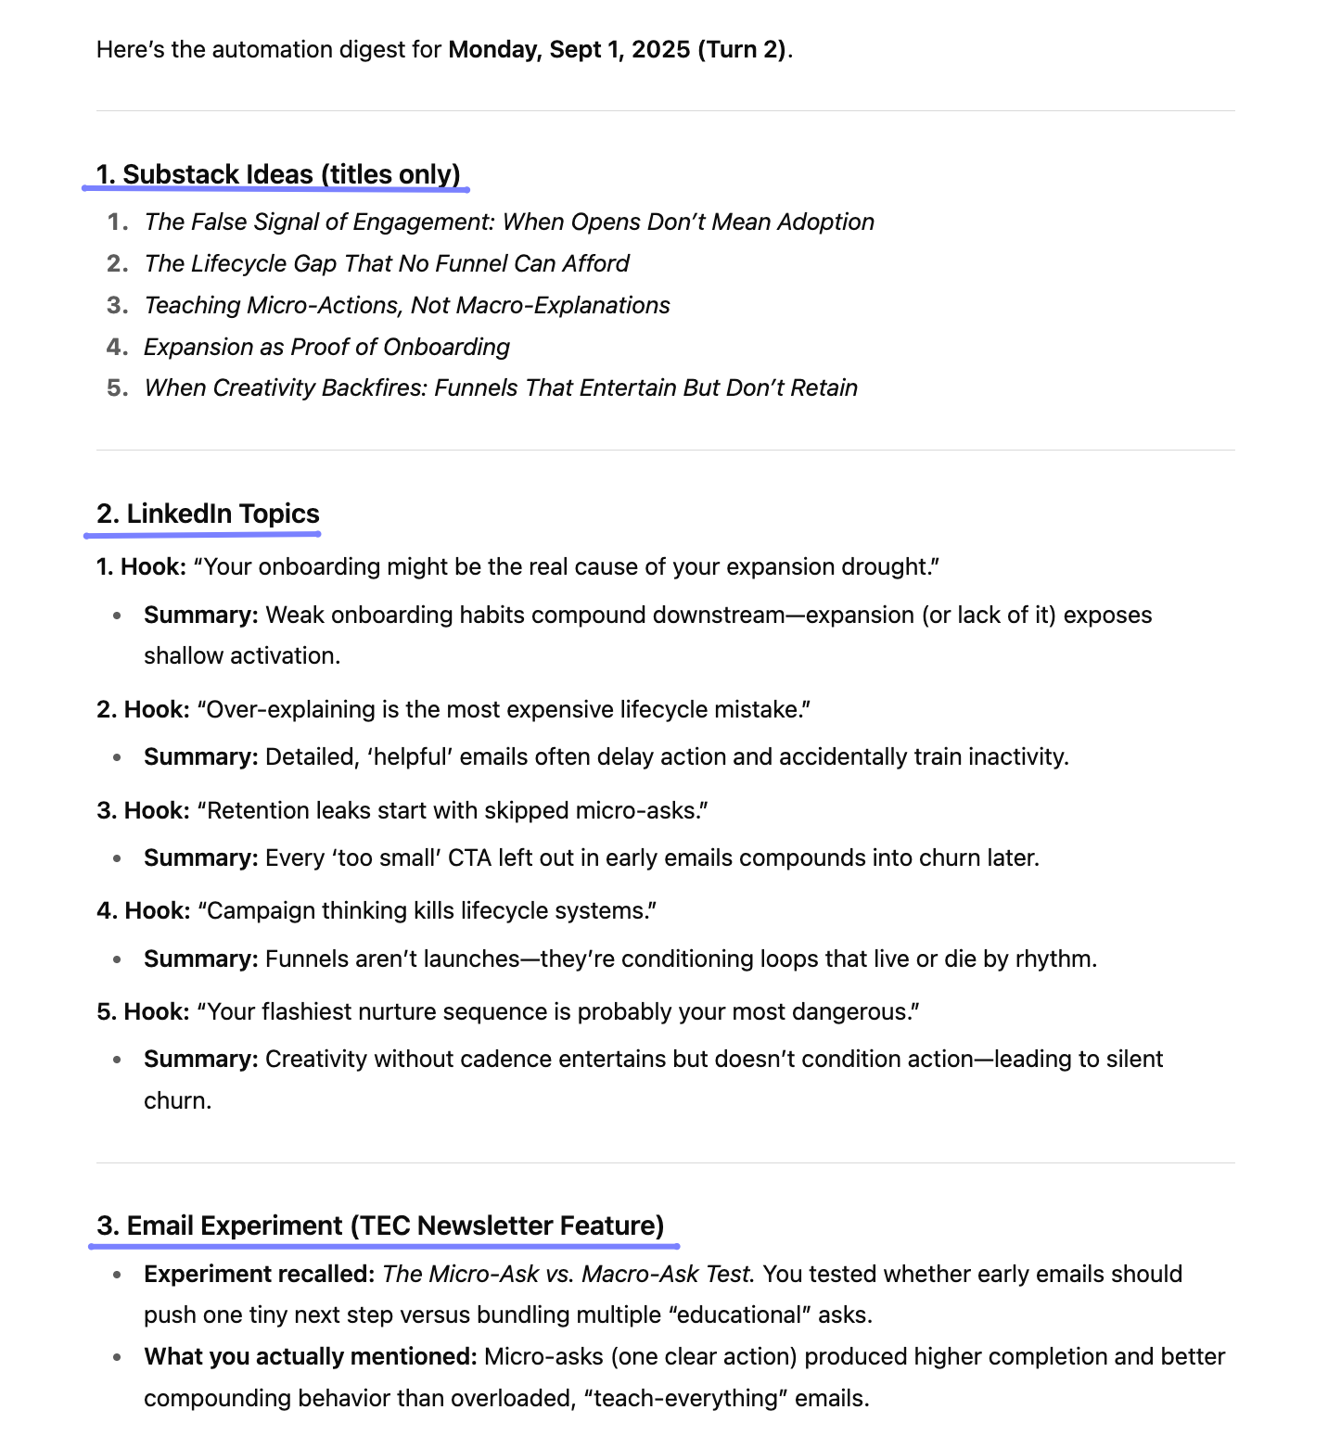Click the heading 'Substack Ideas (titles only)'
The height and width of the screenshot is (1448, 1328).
coord(278,174)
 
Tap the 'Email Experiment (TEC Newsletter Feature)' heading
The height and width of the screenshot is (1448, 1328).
coord(380,1226)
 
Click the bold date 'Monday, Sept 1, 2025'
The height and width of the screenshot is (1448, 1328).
coord(568,49)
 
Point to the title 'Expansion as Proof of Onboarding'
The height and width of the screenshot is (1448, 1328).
coord(326,347)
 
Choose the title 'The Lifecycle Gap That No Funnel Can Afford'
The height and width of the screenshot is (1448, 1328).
coord(387,263)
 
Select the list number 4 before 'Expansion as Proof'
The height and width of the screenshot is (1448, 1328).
coord(116,347)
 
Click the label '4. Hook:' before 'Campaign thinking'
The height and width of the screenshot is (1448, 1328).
coord(144,910)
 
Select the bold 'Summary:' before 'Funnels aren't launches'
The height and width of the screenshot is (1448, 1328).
coord(200,959)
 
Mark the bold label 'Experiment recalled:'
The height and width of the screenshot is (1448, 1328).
coord(259,1274)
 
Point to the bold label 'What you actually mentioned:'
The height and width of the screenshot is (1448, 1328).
coord(310,1356)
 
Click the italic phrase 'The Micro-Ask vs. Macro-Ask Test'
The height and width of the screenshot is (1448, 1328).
coord(566,1274)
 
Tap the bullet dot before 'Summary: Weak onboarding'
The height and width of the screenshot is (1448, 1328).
coord(117,616)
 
